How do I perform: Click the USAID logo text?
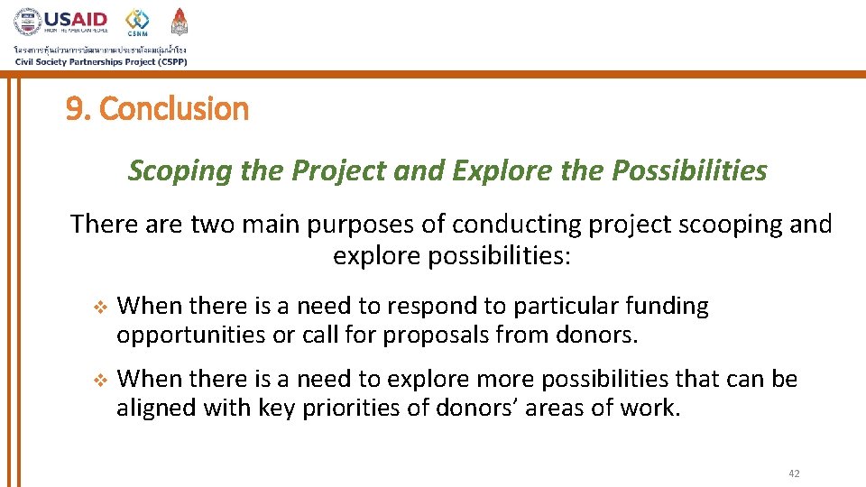coord(76,19)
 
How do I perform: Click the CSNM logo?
coord(138,22)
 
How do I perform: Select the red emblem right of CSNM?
coord(180,21)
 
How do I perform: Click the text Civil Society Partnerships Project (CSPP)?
coord(100,61)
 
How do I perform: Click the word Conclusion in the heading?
coord(174,109)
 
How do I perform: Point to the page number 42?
coord(794,473)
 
